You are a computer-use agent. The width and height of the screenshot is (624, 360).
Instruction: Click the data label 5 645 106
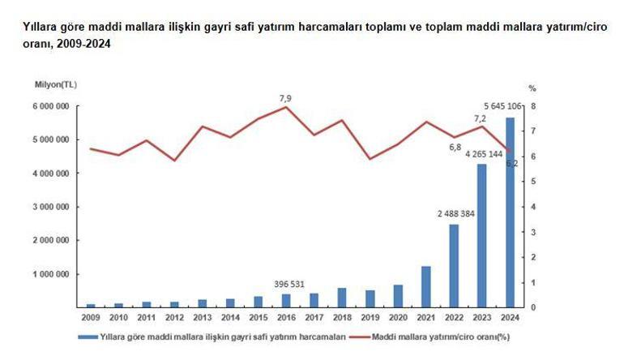pos(497,105)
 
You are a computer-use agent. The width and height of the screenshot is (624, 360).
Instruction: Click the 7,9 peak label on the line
pos(285,98)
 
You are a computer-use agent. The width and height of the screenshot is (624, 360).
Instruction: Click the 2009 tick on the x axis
pos(91,317)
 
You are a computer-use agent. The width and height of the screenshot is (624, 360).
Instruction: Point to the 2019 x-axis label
pos(370,317)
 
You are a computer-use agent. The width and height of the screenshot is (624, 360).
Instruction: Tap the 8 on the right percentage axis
pos(532,106)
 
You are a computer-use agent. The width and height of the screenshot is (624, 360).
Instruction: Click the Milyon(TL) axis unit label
pos(56,84)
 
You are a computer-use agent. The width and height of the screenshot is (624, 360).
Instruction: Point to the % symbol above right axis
pos(532,87)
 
